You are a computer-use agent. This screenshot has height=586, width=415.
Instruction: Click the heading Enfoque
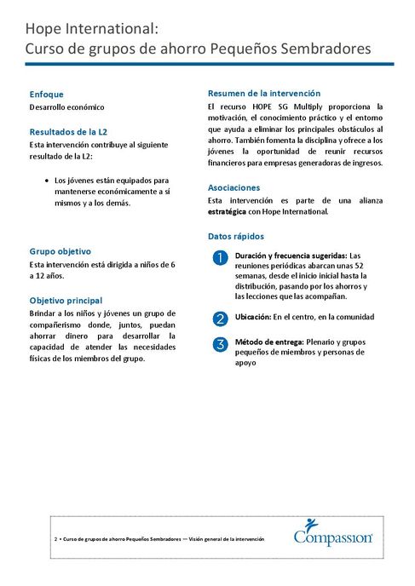[46, 94]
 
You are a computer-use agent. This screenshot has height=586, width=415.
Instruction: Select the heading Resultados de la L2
[68, 132]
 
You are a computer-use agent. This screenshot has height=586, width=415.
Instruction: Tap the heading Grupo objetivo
[60, 251]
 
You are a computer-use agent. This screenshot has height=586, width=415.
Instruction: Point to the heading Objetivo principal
[66, 301]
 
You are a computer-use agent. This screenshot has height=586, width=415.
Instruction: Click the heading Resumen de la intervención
[264, 92]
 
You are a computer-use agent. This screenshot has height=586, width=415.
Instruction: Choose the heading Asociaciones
[234, 187]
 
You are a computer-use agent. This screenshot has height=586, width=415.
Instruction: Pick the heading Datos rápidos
[236, 236]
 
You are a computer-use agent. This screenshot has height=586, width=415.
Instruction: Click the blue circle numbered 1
[219, 257]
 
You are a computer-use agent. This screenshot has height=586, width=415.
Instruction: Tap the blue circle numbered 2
[219, 319]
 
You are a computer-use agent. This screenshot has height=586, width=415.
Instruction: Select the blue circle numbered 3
[219, 344]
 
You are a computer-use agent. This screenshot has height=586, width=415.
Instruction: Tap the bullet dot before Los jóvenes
[45, 181]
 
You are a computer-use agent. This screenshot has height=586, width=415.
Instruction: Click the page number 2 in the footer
[55, 539]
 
